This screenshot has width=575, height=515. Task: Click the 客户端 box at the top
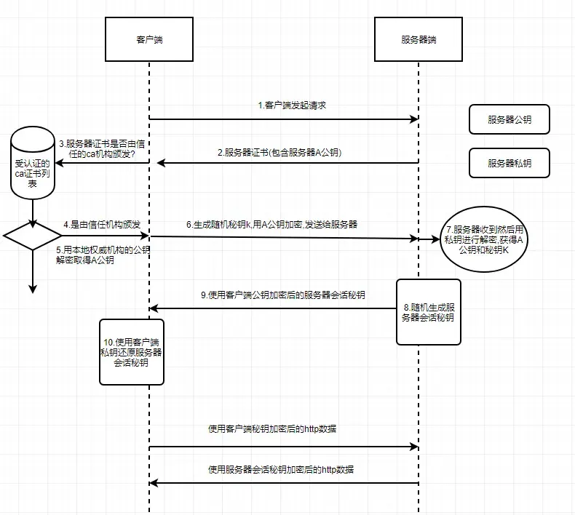tap(149, 39)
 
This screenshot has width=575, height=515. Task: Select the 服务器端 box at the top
tap(419, 39)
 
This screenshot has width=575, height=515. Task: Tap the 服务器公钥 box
tap(509, 119)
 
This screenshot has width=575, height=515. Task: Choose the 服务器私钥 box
tap(509, 163)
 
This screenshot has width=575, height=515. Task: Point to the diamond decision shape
tap(33, 236)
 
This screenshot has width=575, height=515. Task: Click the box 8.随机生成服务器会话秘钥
tap(428, 311)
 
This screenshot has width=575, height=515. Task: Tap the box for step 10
tap(132, 351)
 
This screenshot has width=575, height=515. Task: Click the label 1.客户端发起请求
tap(292, 105)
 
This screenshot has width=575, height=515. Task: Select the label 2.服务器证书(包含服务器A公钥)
tap(282, 153)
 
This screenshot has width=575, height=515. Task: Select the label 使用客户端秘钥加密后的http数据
tap(272, 429)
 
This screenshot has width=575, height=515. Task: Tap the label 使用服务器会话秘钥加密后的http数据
tap(281, 470)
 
